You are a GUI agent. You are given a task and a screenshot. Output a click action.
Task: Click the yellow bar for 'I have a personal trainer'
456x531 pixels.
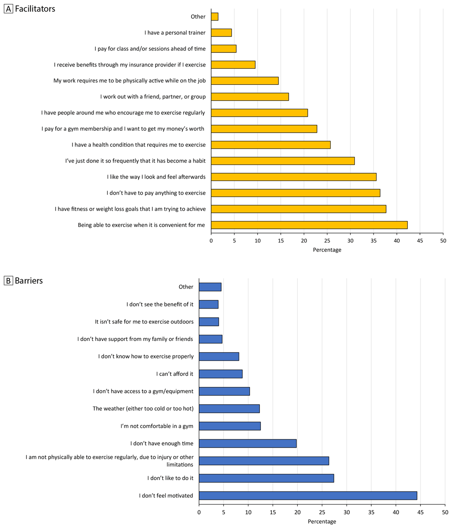221,33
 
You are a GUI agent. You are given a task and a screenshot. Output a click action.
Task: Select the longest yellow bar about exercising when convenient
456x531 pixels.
309,225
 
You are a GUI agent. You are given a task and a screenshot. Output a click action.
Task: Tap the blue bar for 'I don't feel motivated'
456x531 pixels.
308,495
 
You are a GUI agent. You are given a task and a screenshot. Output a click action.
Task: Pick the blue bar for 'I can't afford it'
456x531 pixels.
221,374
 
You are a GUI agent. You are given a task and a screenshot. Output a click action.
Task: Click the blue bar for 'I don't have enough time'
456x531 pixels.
248,443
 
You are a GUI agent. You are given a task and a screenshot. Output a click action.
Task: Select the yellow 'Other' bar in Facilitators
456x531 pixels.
215,17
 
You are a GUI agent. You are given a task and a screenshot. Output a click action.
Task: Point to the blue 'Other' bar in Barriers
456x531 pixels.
210,287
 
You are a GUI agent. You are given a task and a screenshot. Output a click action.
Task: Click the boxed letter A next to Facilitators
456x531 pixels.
8,9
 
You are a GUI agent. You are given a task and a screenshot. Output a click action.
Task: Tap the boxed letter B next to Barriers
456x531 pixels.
8,281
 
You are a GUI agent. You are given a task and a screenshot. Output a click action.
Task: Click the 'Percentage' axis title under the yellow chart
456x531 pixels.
327,250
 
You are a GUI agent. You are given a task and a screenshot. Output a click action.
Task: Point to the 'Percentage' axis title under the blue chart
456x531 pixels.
322,521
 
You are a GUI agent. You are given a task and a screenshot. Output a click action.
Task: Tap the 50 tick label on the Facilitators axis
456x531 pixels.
443,240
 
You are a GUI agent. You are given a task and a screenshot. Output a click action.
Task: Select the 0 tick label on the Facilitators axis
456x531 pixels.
211,240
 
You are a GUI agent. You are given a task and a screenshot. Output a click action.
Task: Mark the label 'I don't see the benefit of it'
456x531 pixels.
160,304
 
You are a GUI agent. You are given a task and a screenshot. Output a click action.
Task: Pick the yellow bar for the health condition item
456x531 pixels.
271,145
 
